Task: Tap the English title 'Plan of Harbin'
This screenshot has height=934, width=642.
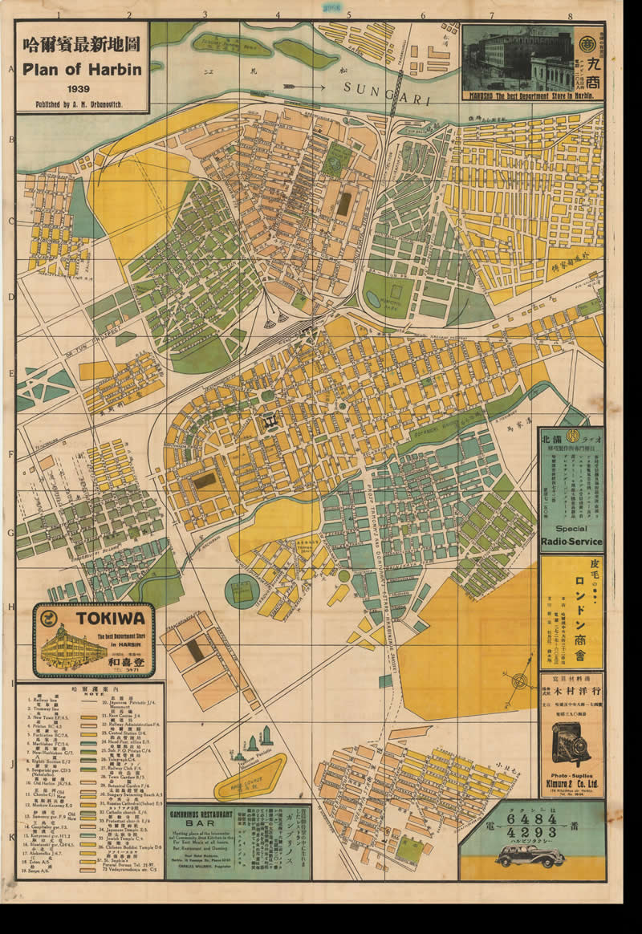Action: (x=82, y=69)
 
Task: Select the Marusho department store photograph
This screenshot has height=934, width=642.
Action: (x=518, y=58)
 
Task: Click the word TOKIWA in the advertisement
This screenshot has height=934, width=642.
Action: (x=109, y=618)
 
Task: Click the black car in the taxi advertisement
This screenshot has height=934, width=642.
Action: (x=530, y=856)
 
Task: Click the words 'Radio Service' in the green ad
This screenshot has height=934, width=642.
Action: (x=571, y=542)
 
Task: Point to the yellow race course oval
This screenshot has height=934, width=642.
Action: (x=250, y=778)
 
